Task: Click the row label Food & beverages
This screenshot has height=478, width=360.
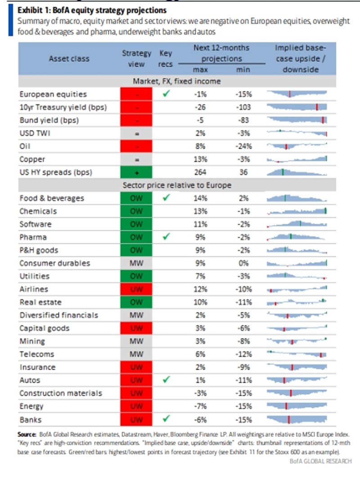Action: tap(52, 198)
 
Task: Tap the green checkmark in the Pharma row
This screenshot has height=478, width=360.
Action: tap(166, 237)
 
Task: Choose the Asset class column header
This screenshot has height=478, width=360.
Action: tap(69, 58)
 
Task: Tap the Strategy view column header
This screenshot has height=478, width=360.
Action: tap(137, 58)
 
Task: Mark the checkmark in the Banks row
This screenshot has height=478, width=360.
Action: tap(166, 419)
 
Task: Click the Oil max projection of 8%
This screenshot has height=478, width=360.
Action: tap(200, 146)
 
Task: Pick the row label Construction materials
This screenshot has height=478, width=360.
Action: tap(61, 393)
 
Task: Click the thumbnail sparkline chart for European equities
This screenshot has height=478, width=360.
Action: tap(297, 94)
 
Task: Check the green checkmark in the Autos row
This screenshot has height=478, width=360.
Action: tap(166, 380)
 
